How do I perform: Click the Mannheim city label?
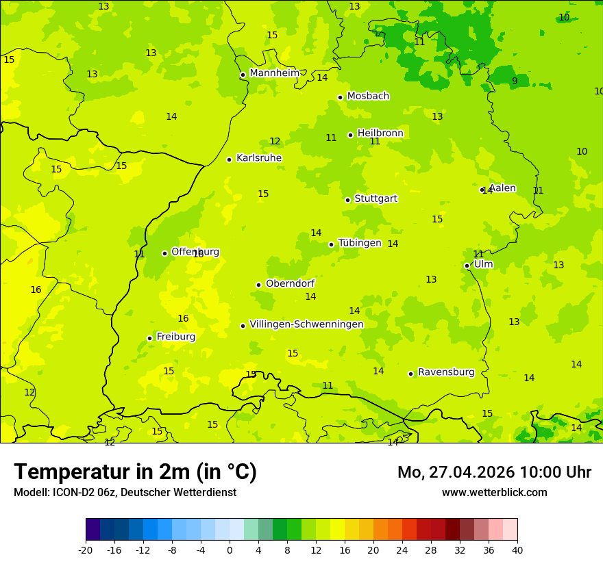[274, 73]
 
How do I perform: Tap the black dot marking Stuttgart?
[347, 200]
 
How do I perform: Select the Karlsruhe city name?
[258, 158]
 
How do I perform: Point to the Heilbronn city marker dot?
[350, 135]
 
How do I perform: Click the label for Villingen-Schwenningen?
[306, 324]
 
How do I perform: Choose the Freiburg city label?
[175, 337]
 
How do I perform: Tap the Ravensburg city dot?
[410, 374]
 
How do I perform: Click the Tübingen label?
[359, 243]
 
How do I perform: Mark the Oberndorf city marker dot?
[258, 285]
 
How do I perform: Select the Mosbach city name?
[368, 96]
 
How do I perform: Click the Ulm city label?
[483, 264]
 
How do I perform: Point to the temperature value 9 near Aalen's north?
[515, 81]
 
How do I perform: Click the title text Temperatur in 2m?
[135, 472]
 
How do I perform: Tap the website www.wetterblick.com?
[494, 493]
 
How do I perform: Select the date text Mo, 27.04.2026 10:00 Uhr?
[494, 472]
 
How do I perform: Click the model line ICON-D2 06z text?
[125, 493]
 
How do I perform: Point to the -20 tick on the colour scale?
[86, 550]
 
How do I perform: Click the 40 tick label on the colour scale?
[517, 550]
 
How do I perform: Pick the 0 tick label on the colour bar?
[230, 550]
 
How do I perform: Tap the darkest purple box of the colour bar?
[93, 530]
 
